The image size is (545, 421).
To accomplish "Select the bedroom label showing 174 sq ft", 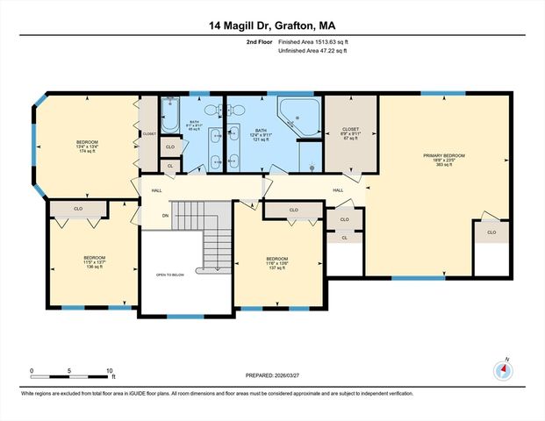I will tap(87, 146).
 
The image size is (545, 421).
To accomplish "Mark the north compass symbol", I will tap(503, 369).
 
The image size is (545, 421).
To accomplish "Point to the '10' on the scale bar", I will tap(110, 371).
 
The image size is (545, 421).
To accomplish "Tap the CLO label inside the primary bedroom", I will tap(491, 232).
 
